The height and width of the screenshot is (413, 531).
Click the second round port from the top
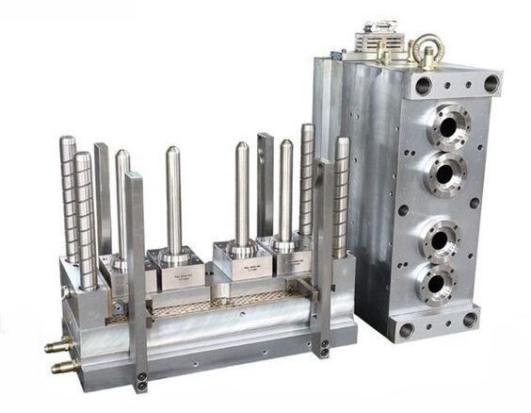[444, 173]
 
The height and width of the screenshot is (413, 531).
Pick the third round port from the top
[440, 238]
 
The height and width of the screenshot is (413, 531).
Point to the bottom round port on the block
[436, 282]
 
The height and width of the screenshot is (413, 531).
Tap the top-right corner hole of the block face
[491, 84]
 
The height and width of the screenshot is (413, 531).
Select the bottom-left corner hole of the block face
[407, 330]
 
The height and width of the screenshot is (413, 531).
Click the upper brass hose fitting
[58, 347]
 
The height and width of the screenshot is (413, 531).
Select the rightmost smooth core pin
[285, 193]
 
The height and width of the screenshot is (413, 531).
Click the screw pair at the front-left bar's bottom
[141, 382]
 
